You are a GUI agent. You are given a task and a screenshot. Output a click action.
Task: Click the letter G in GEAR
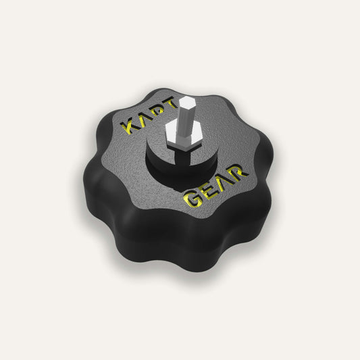[x=191, y=200]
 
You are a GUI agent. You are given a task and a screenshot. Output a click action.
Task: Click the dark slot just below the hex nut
[x=180, y=153]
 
